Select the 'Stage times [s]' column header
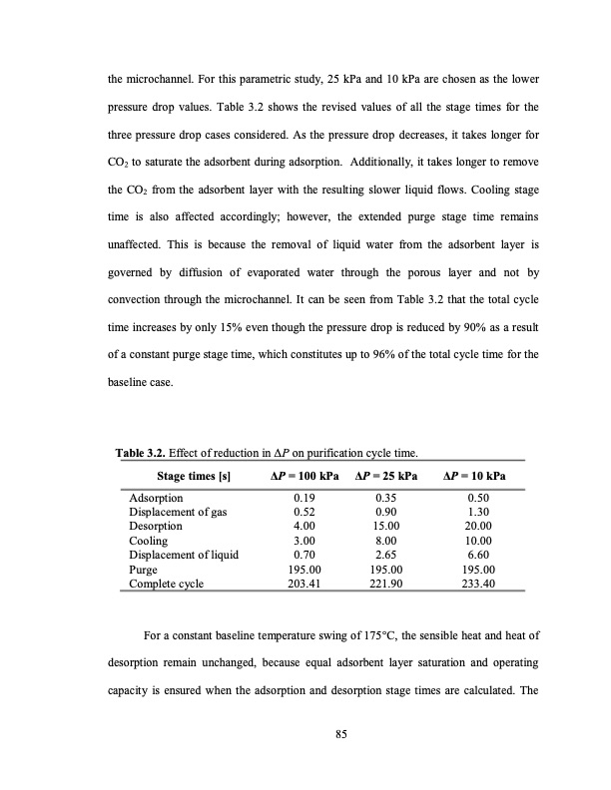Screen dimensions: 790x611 [194, 478]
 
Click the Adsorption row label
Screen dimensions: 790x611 [157, 498]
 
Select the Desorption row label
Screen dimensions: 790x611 [157, 526]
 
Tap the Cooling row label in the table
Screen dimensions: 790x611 [149, 540]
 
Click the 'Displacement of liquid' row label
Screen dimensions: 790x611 [184, 554]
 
